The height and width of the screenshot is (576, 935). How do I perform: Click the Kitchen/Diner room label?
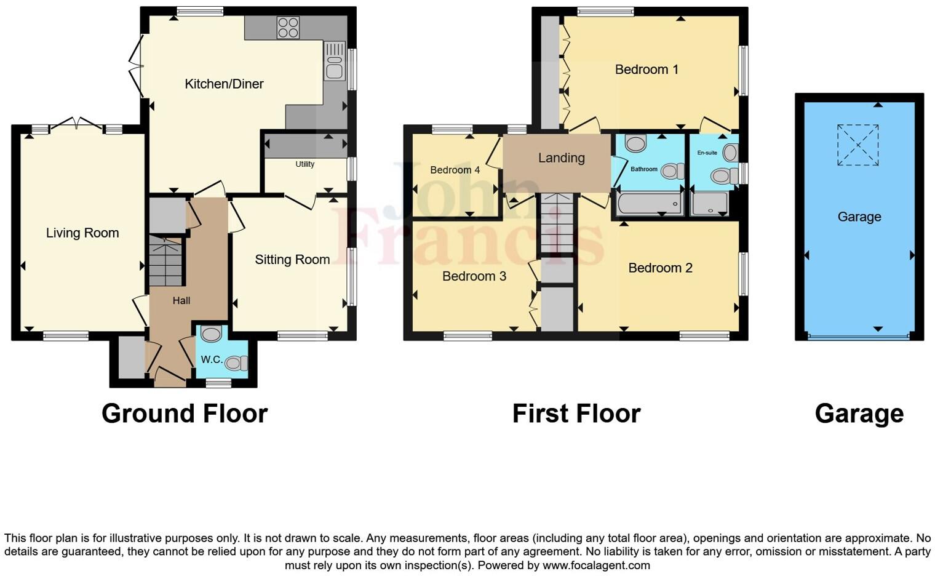pyautogui.click(x=224, y=84)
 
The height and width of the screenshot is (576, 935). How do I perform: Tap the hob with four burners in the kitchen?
pyautogui.click(x=288, y=28)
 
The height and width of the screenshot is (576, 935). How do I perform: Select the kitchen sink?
pyautogui.click(x=335, y=61)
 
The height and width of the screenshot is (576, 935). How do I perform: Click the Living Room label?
pyautogui.click(x=82, y=233)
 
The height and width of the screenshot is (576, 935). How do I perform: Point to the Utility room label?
pyautogui.click(x=304, y=164)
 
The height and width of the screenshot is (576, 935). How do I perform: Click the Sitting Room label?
pyautogui.click(x=292, y=260)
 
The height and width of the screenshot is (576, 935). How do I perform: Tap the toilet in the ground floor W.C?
pyautogui.click(x=236, y=364)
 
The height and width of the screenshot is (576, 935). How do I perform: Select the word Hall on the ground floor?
pyautogui.click(x=181, y=300)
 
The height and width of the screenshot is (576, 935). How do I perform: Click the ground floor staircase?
pyautogui.click(x=166, y=262)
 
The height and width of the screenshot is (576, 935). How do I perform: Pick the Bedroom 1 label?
pyautogui.click(x=647, y=70)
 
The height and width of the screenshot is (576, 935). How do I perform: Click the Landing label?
pyautogui.click(x=561, y=158)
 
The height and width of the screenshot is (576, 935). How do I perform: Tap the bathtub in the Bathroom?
pyautogui.click(x=650, y=204)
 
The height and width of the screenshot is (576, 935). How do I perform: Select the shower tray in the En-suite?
pyautogui.click(x=710, y=204)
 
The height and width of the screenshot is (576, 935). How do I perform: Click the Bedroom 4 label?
pyautogui.click(x=455, y=170)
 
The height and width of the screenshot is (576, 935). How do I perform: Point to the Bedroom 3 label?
pyautogui.click(x=474, y=276)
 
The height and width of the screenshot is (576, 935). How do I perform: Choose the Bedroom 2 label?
pyautogui.click(x=660, y=268)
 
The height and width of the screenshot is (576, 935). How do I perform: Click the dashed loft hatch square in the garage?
pyautogui.click(x=857, y=145)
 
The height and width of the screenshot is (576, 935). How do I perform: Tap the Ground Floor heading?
pyautogui.click(x=185, y=414)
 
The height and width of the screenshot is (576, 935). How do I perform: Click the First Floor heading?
pyautogui.click(x=576, y=414)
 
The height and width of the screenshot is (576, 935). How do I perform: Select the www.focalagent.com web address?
pyautogui.click(x=596, y=565)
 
